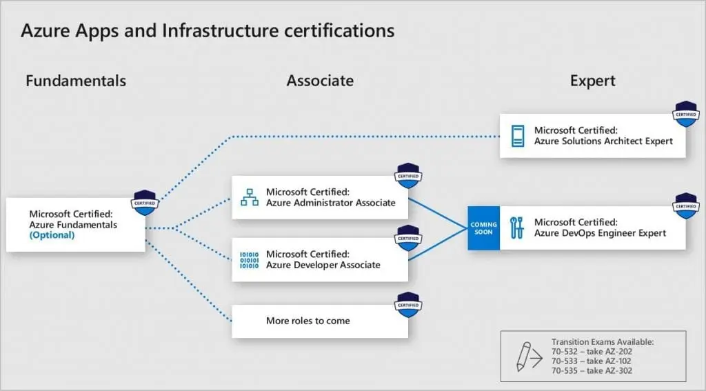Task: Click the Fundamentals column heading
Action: pyautogui.click(x=76, y=81)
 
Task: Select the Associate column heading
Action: pyautogui.click(x=320, y=81)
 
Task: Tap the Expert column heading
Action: pyautogui.click(x=592, y=81)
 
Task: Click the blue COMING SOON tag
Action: pyautogui.click(x=483, y=228)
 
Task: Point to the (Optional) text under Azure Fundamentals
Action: pyautogui.click(x=52, y=235)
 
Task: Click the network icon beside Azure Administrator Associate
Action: pyautogui.click(x=250, y=197)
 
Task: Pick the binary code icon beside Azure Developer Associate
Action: pyautogui.click(x=250, y=260)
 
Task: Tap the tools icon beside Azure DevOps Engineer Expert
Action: pyautogui.click(x=517, y=228)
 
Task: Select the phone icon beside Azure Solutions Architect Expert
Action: pyautogui.click(x=518, y=136)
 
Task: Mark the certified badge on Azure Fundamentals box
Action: pyautogui.click(x=145, y=203)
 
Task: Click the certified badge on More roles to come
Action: pyautogui.click(x=408, y=305)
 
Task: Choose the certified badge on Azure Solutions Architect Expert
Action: pyautogui.click(x=686, y=114)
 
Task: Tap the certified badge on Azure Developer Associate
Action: pyautogui.click(x=408, y=238)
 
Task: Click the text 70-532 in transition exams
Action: pyautogui.click(x=565, y=352)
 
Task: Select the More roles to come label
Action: pyautogui.click(x=308, y=321)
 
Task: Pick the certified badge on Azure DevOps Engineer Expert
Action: pyautogui.click(x=686, y=206)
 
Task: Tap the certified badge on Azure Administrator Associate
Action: pyautogui.click(x=408, y=176)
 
